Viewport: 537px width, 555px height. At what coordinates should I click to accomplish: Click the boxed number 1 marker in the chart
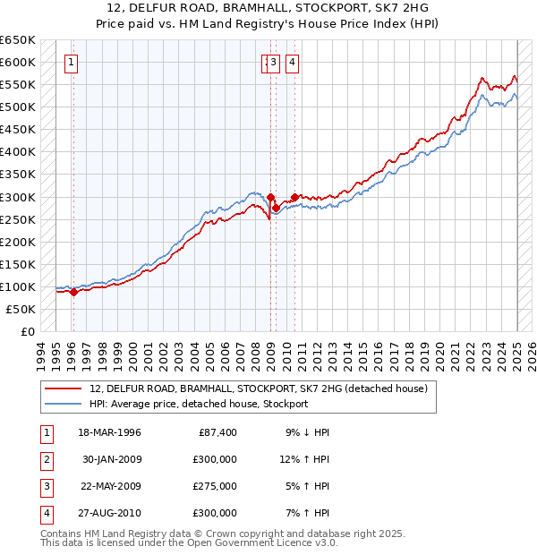(71, 63)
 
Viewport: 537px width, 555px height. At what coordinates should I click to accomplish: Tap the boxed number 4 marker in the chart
(292, 63)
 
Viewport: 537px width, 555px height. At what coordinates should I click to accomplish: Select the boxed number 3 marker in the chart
(273, 63)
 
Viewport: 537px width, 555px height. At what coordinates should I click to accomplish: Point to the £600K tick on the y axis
(18, 62)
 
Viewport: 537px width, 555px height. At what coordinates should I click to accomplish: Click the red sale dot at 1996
(74, 292)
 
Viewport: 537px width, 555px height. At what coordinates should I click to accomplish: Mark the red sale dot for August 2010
(294, 196)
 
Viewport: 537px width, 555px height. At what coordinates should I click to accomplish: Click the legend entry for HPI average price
(199, 404)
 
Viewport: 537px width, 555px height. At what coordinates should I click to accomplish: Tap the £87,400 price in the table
(215, 432)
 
